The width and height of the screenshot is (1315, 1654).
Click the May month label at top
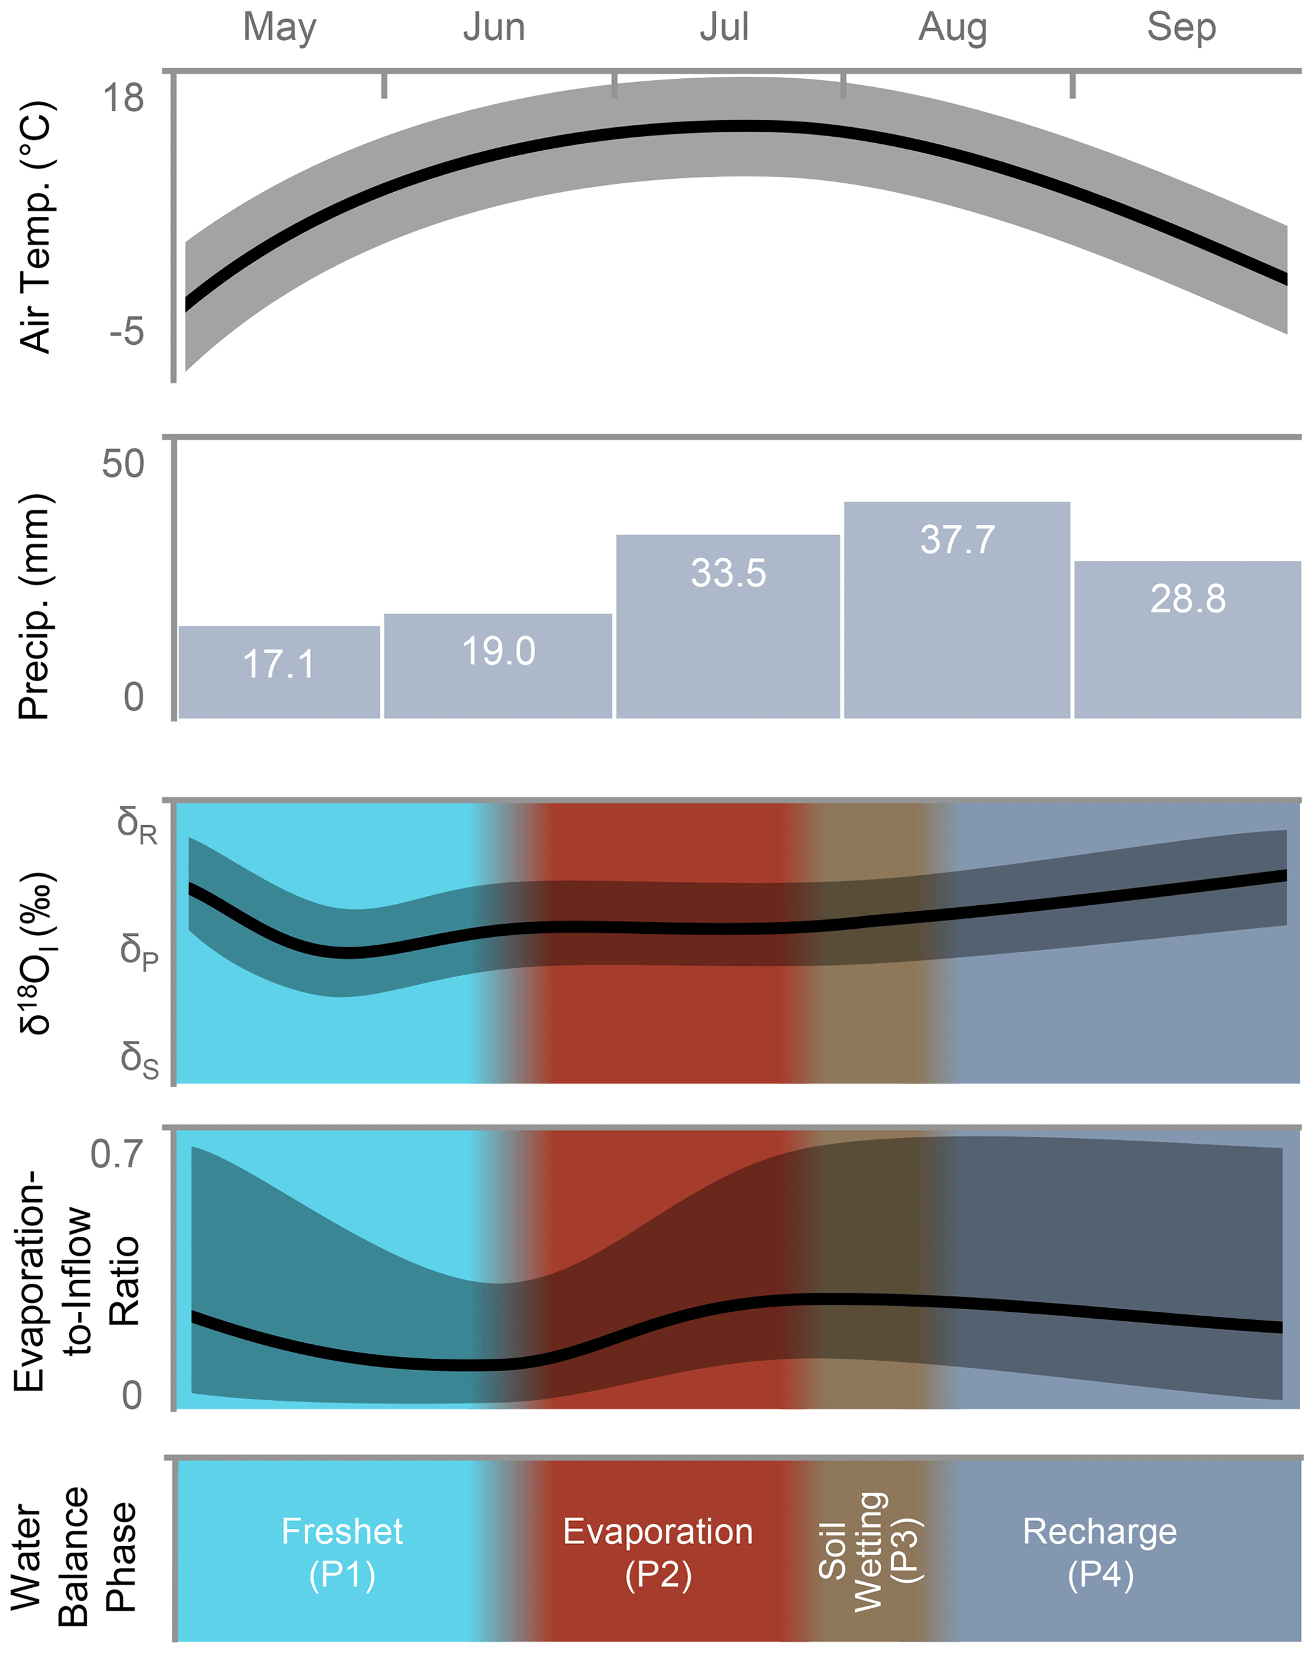pyautogui.click(x=279, y=27)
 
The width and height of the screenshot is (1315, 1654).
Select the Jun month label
pyautogui.click(x=493, y=27)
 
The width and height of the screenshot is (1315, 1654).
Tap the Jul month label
pyautogui.click(x=723, y=27)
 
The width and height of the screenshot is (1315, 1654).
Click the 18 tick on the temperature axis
pyautogui.click(x=123, y=98)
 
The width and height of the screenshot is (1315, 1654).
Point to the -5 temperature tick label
pyautogui.click(x=127, y=331)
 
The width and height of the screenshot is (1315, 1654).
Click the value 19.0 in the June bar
pyautogui.click(x=498, y=652)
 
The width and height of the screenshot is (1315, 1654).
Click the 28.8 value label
pyautogui.click(x=1187, y=599)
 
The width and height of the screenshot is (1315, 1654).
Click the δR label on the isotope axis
pyautogui.click(x=137, y=826)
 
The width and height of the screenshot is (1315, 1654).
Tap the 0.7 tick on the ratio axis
pyautogui.click(x=116, y=1154)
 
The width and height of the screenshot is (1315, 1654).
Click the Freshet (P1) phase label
pyautogui.click(x=342, y=1553)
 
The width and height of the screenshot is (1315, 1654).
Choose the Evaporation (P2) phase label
pyautogui.click(x=658, y=1553)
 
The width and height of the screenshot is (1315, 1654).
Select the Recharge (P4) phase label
pyautogui.click(x=1099, y=1553)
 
